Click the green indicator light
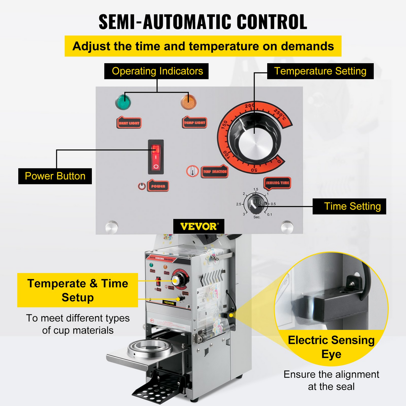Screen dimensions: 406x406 point(123,102)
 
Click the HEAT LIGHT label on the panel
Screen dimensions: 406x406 point(129,123)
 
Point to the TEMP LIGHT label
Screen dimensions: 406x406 point(194,123)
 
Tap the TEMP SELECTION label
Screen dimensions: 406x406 point(215,171)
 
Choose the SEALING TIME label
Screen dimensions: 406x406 point(277,183)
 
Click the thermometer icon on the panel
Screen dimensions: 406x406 point(192,171)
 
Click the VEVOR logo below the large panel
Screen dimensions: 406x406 point(199,226)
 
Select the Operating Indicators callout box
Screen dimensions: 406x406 point(156,71)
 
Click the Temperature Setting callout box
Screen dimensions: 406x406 point(320,71)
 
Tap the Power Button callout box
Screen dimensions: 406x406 point(55,176)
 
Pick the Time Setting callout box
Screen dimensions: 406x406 point(349,207)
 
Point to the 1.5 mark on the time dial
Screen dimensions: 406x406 point(256,190)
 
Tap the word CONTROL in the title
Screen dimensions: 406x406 point(272,22)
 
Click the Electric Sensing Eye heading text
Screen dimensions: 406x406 point(331,347)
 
